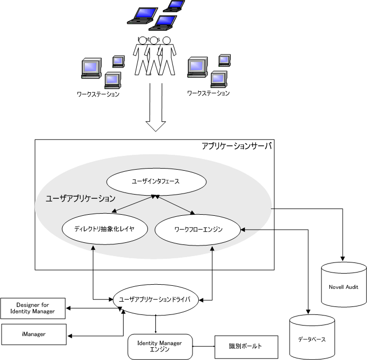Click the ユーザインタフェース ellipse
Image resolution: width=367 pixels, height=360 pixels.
pyautogui.click(x=155, y=181)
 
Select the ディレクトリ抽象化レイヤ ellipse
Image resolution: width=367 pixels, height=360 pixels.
pyautogui.click(x=99, y=229)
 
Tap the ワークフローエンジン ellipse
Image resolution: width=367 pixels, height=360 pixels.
pyautogui.click(x=198, y=229)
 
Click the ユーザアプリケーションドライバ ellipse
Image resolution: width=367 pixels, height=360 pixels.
pyautogui.click(x=155, y=300)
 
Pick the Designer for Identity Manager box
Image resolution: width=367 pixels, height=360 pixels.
pyautogui.click(x=32, y=308)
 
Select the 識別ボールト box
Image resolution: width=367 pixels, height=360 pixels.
pyautogui.click(x=246, y=346)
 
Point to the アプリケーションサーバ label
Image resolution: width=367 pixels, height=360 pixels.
pyautogui.click(x=236, y=146)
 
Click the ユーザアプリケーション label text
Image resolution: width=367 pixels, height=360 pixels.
pyautogui.click(x=81, y=199)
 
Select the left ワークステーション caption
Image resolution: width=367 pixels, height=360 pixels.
pyautogui.click(x=98, y=94)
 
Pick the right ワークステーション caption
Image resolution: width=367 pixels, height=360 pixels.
pyautogui.click(x=208, y=93)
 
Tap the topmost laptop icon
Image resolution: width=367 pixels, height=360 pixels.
pyautogui.click(x=174, y=6)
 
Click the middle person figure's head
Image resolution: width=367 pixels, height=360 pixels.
pyautogui.click(x=154, y=40)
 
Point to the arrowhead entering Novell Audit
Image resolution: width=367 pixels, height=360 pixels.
pyautogui.click(x=343, y=259)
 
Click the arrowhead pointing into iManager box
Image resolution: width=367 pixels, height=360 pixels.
pyautogui.click(x=73, y=335)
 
